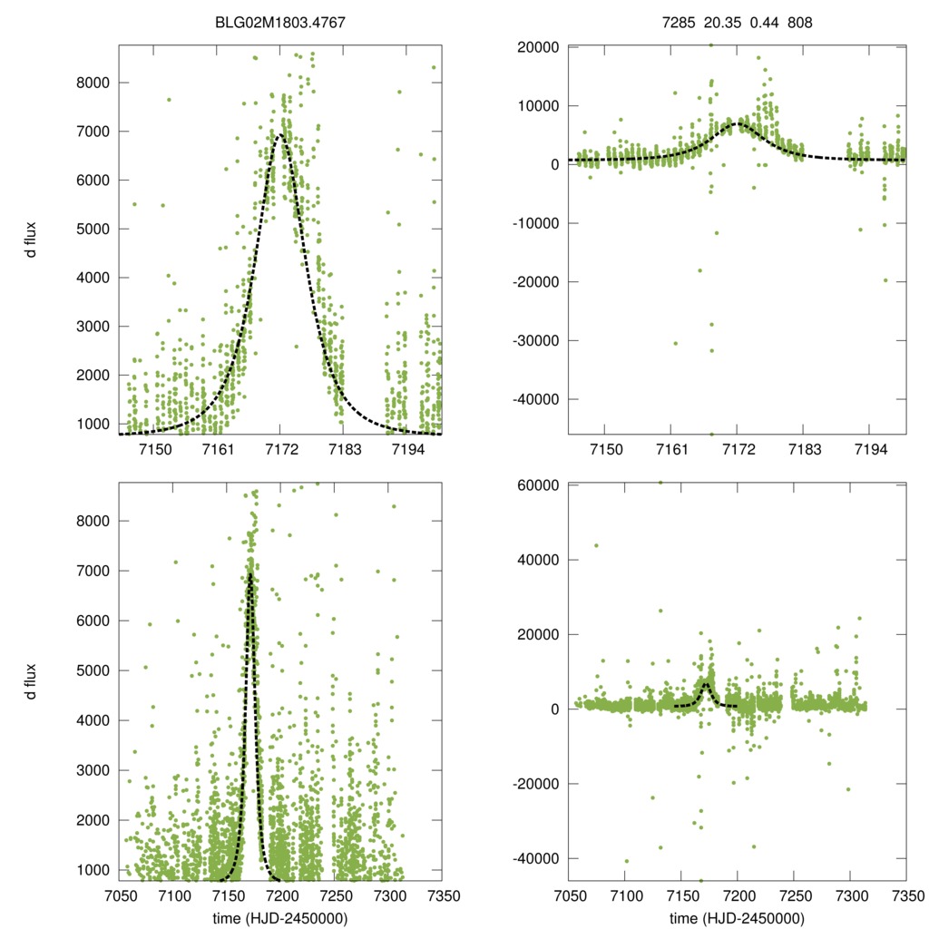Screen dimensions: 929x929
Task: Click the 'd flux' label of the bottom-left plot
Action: tap(31, 681)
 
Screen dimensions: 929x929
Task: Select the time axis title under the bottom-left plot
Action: tap(280, 918)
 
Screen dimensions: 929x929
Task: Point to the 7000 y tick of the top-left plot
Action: tap(91, 132)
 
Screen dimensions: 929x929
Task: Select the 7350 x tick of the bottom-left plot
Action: tap(442, 896)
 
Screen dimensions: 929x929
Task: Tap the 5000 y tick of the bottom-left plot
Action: tap(91, 670)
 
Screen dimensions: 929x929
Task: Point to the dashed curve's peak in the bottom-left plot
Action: tap(249, 574)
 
